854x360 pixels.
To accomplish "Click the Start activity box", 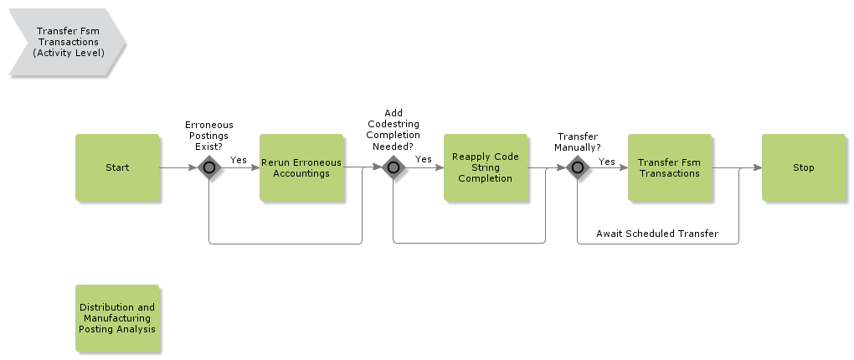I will [117, 167].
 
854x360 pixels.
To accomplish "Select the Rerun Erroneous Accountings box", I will [301, 167].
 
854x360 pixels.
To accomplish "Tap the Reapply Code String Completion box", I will [486, 167].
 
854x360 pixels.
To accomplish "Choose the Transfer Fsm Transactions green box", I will [670, 167].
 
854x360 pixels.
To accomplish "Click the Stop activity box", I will [804, 167].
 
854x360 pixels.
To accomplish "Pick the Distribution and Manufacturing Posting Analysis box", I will [117, 318].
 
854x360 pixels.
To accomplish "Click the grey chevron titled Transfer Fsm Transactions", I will [67, 41].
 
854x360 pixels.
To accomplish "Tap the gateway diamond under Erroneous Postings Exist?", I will [208, 167].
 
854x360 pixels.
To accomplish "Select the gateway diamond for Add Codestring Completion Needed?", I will [393, 167].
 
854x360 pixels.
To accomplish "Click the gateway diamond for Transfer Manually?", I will [577, 167].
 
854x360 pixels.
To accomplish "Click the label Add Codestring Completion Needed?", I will [393, 129].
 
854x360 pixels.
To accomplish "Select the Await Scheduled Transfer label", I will [657, 234].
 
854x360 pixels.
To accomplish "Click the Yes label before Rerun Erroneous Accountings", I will [239, 159].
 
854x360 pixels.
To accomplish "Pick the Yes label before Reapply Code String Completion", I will [424, 159].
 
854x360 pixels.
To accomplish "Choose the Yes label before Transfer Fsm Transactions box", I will [607, 162].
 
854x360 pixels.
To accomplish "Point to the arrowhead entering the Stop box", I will [757, 167].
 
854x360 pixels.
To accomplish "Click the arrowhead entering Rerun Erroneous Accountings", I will [255, 167].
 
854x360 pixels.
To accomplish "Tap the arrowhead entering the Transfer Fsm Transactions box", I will [623, 167].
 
